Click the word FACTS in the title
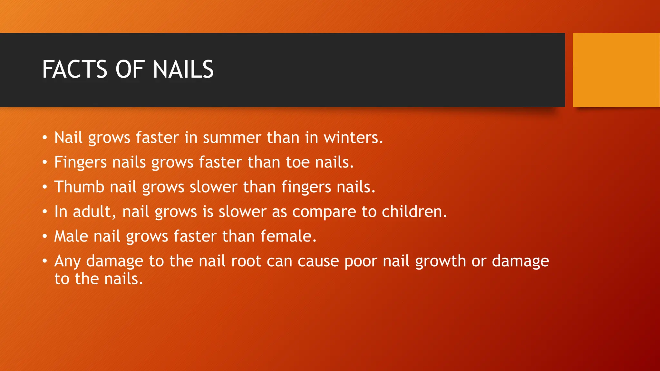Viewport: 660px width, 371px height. (x=74, y=69)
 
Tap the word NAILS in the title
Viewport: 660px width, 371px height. (x=183, y=69)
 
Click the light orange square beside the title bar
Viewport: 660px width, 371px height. (x=616, y=70)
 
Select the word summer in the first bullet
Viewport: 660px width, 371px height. (x=232, y=138)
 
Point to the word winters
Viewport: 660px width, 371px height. (x=353, y=138)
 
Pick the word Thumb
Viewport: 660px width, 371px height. (x=79, y=187)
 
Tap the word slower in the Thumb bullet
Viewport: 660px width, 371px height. (x=213, y=187)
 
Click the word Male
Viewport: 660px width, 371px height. (x=71, y=236)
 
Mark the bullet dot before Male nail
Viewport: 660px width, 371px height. (x=45, y=237)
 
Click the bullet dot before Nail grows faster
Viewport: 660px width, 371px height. (x=45, y=138)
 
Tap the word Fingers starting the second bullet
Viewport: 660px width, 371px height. (x=80, y=162)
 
